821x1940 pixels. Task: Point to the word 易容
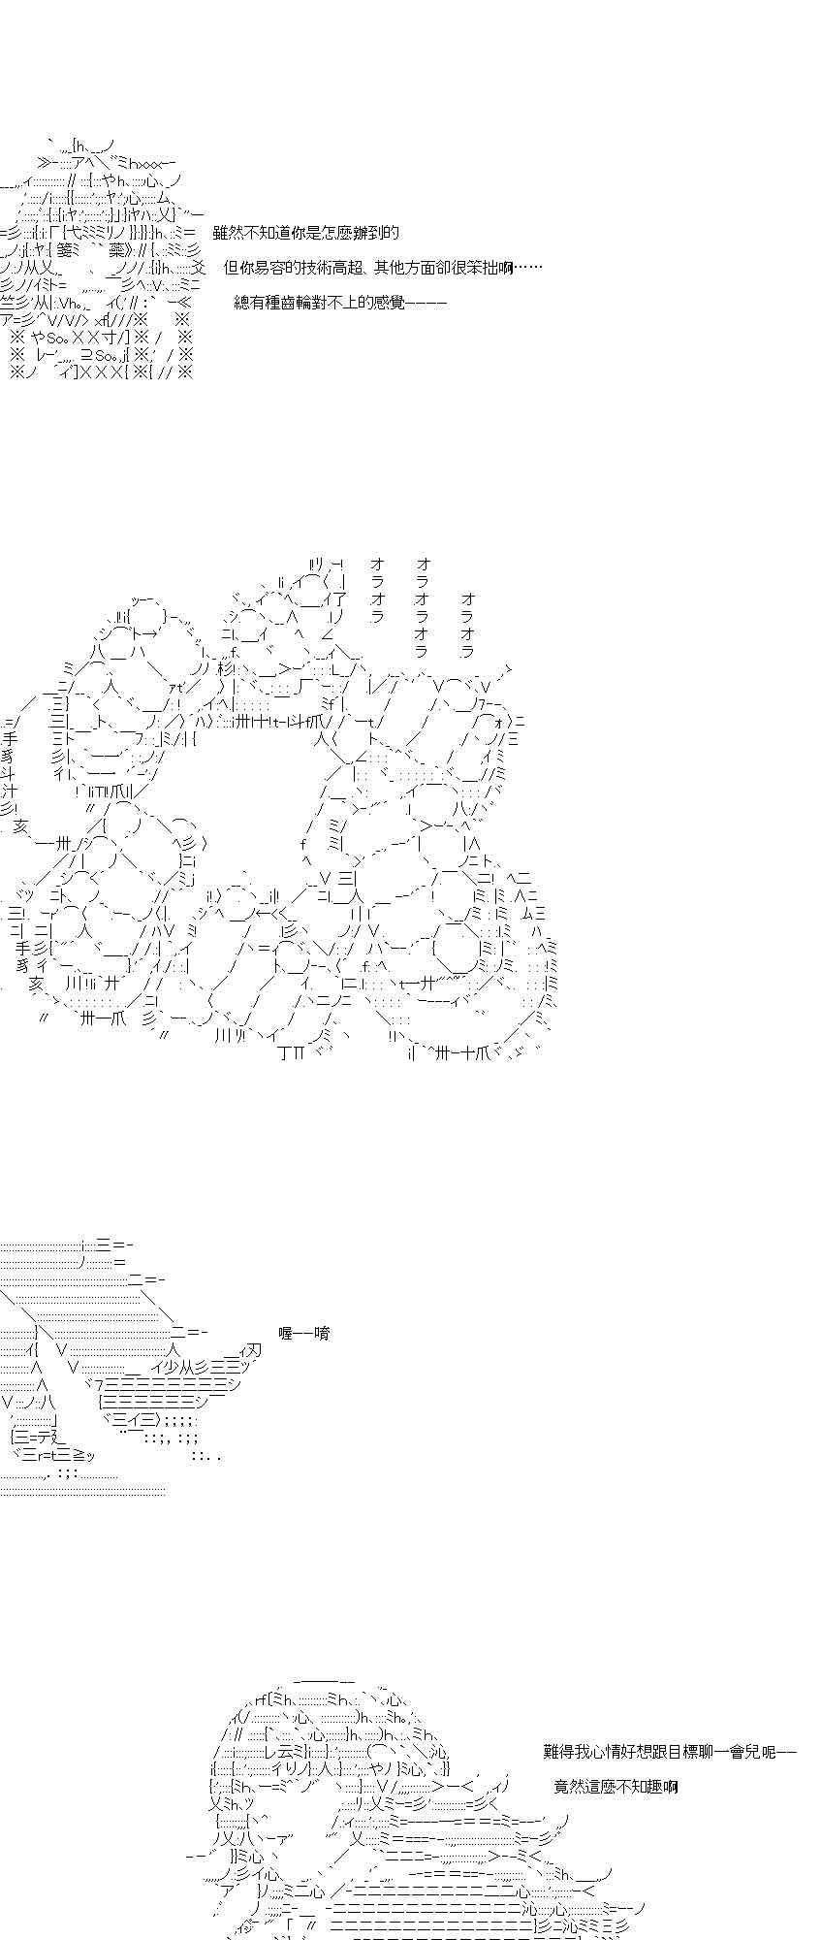pos(269,268)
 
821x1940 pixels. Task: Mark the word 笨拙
pos(483,268)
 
